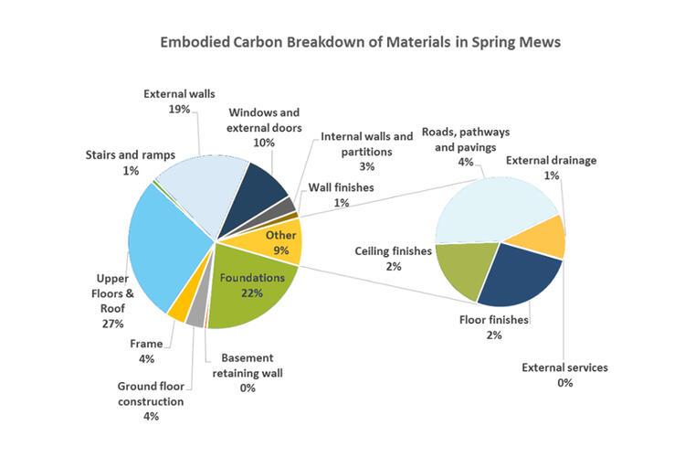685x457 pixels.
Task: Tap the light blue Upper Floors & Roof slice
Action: tap(164, 247)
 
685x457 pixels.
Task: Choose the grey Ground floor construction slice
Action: tap(195, 316)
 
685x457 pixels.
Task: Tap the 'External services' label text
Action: tap(564, 367)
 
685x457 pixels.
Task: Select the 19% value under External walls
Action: tap(179, 109)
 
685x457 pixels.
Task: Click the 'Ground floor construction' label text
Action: tap(150, 393)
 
